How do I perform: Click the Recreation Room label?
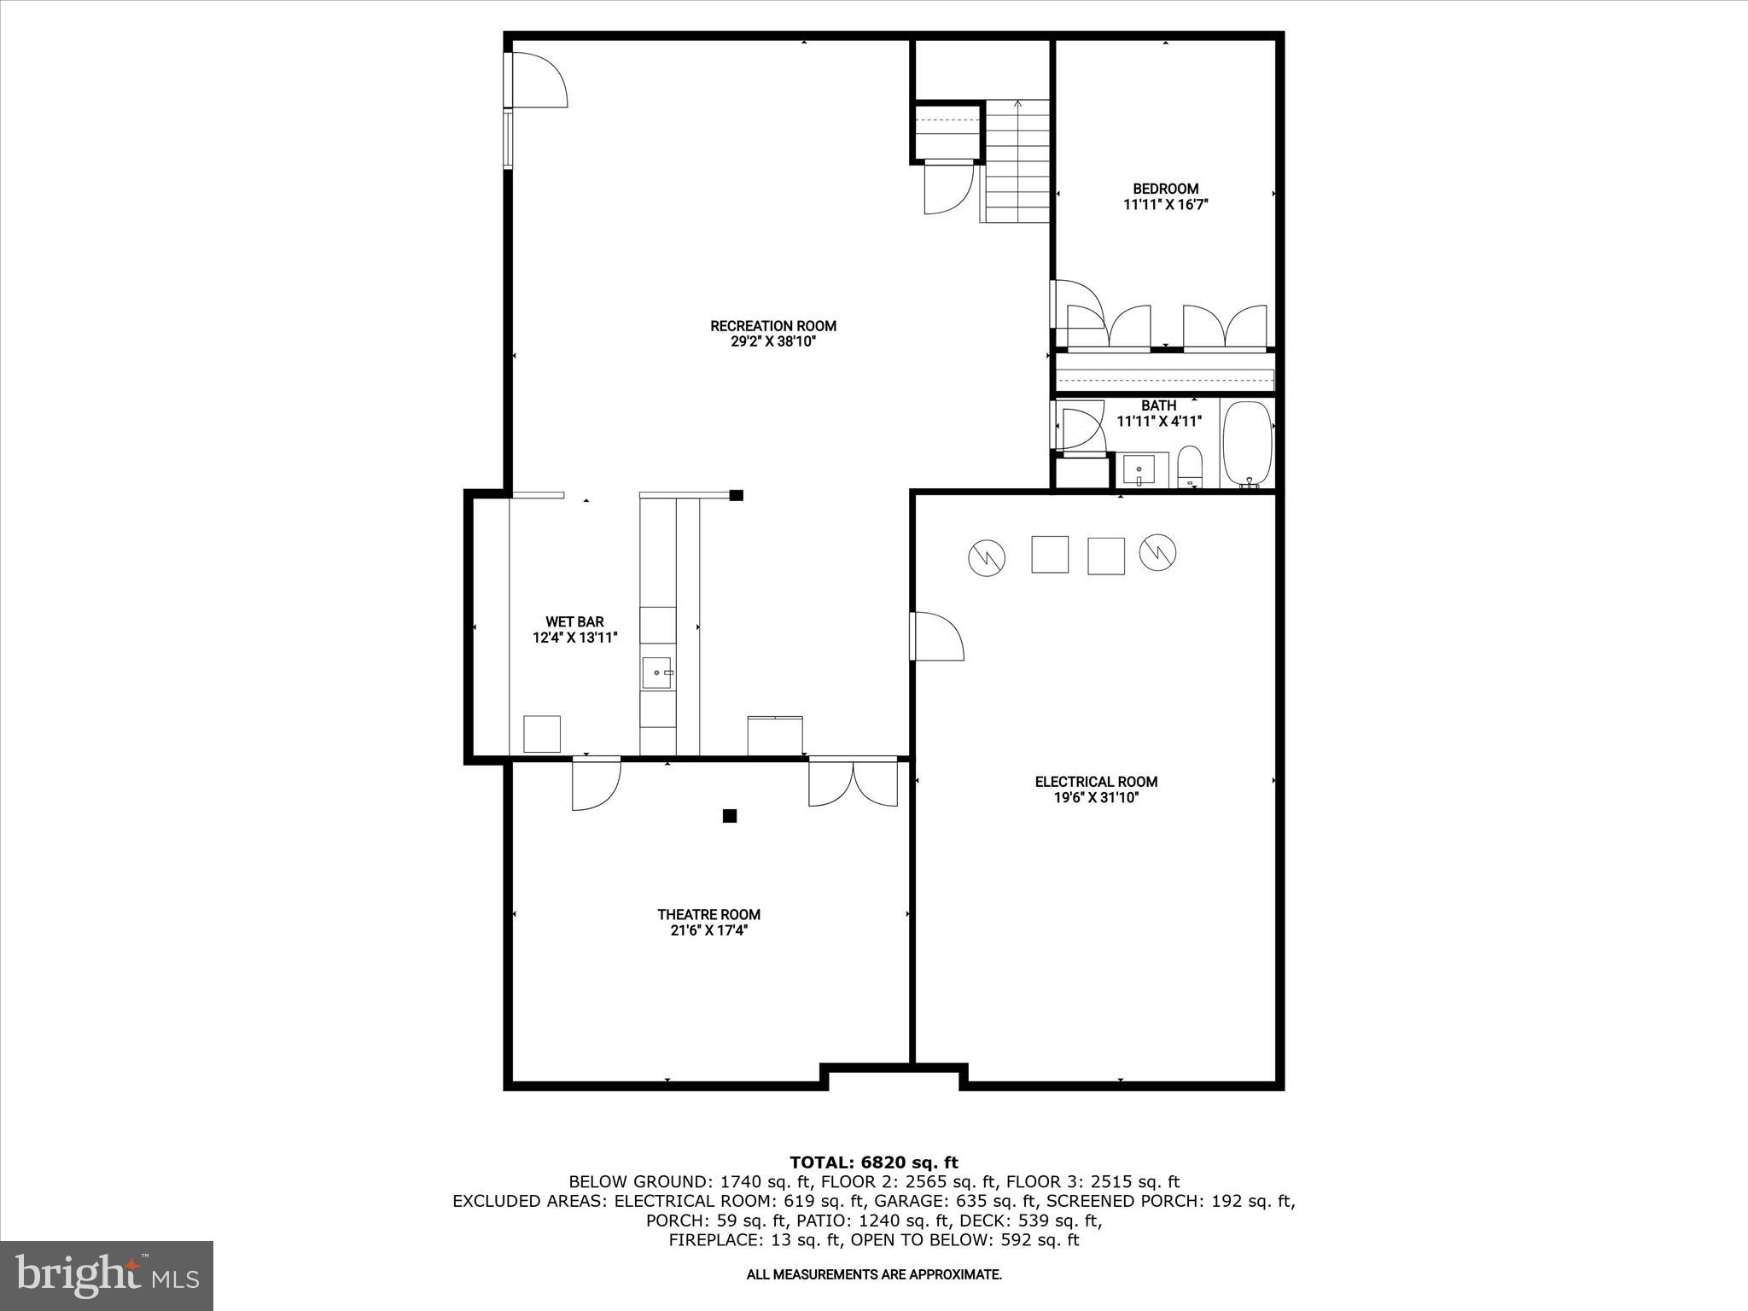coord(773,326)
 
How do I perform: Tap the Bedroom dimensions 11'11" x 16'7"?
coord(1166,205)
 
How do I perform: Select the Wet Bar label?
coord(574,622)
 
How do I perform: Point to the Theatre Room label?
coord(708,914)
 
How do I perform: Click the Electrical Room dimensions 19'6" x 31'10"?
coord(1096,798)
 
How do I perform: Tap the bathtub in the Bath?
coord(1247,445)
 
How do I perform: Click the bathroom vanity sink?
coord(1139,470)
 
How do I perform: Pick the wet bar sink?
coord(656,673)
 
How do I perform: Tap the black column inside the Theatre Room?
coord(730,816)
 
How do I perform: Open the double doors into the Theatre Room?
coord(853,781)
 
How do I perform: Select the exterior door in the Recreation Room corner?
coord(537,80)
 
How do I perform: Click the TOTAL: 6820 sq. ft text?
coord(873,1162)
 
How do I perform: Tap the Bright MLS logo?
coord(107,1275)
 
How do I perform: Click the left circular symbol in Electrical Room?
coord(986,558)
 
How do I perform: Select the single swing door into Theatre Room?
coord(595,783)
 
